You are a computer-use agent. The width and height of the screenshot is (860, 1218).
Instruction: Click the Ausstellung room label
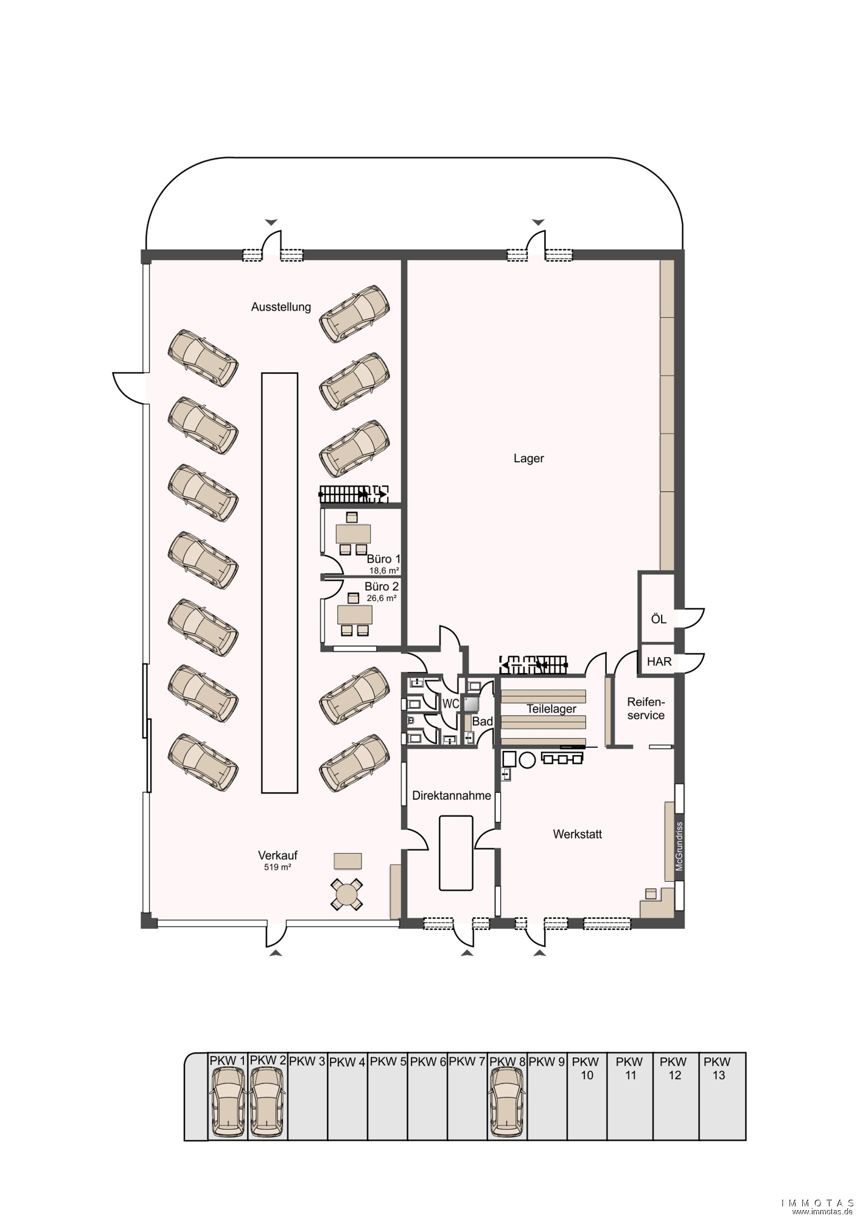point(281,307)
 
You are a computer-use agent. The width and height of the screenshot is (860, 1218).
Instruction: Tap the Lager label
point(529,459)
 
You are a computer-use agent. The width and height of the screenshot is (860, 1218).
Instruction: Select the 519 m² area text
point(278,867)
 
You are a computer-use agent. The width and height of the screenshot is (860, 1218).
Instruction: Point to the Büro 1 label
point(383,559)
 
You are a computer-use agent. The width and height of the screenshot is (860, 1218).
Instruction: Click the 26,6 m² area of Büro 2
point(382,598)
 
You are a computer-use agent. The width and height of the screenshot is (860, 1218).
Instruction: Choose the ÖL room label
point(659,619)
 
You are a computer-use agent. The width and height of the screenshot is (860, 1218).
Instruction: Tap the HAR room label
point(659,661)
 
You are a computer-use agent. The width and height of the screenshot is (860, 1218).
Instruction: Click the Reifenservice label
point(646,709)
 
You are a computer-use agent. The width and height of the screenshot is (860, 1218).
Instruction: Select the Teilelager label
point(551,709)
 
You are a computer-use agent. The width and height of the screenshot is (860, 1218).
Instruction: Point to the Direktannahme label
point(452,795)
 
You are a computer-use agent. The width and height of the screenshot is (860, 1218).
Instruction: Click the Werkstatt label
point(578,834)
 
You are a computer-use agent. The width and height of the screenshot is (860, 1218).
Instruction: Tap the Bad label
point(483,722)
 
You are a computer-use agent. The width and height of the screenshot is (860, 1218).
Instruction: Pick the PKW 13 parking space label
point(718,1069)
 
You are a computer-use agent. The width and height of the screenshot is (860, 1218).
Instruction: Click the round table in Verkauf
point(347,895)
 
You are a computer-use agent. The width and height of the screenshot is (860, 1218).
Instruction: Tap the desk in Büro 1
point(353,533)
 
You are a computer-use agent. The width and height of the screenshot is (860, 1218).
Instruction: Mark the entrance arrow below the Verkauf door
point(276,952)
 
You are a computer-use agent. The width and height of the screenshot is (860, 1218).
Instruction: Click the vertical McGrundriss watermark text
point(680,847)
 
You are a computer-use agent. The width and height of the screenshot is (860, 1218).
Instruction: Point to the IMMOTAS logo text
point(817,1203)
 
